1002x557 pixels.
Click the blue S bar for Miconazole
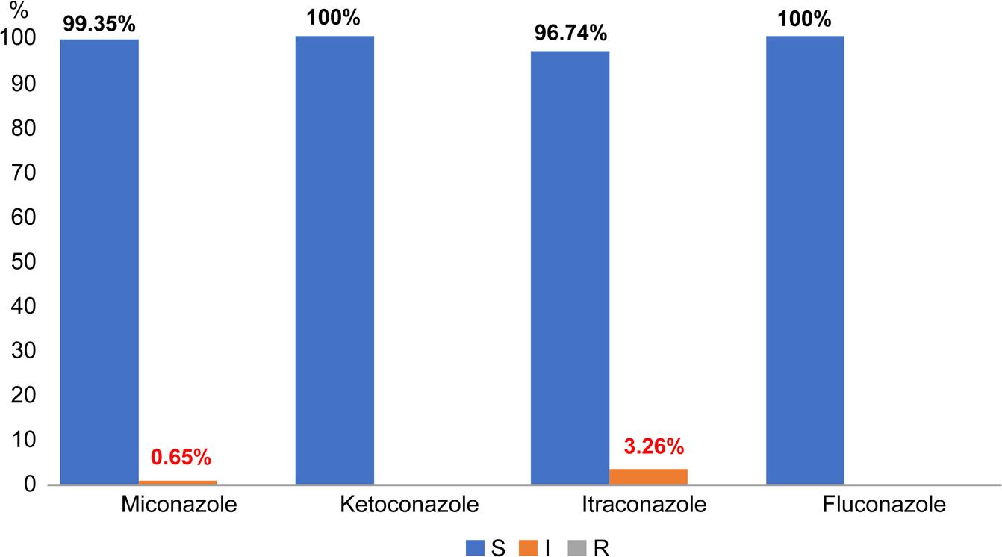pyautogui.click(x=99, y=261)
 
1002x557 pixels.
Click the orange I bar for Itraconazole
pyautogui.click(x=648, y=476)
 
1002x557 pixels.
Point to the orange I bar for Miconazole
pyautogui.click(x=178, y=482)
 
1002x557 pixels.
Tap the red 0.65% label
pyautogui.click(x=181, y=457)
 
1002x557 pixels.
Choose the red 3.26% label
pyautogui.click(x=653, y=447)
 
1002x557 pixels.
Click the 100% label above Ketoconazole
pyautogui.click(x=334, y=18)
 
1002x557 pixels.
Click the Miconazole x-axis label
pyautogui.click(x=178, y=505)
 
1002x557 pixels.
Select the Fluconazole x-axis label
pyautogui.click(x=884, y=505)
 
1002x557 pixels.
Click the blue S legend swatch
pyautogui.click(x=476, y=548)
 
